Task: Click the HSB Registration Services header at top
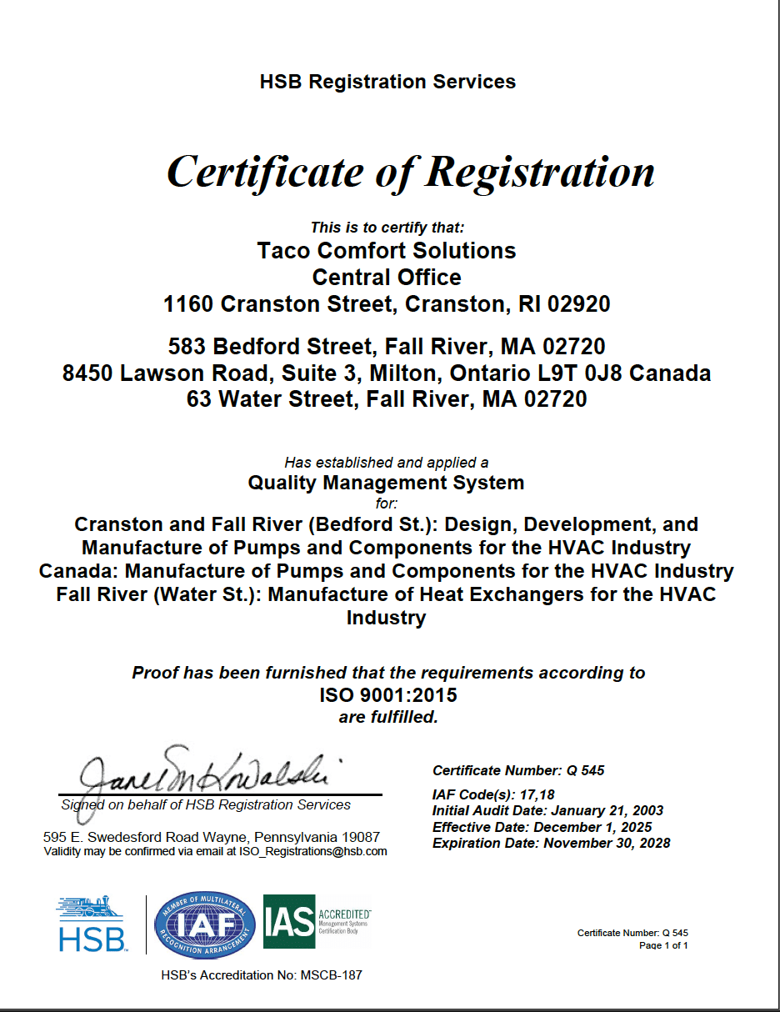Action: coord(387,82)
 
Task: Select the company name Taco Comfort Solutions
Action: coord(387,251)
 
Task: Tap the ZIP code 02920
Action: coord(578,304)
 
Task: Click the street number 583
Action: coord(185,346)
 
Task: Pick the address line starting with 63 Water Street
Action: coord(387,399)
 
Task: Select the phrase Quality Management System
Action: coord(387,482)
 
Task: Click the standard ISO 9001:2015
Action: coord(388,694)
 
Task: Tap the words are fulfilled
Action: coord(388,717)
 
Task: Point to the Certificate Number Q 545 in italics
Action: coord(518,770)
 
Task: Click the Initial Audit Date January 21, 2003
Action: coord(547,810)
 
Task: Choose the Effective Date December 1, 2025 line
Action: coord(542,827)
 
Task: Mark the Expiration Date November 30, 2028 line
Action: coord(551,843)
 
